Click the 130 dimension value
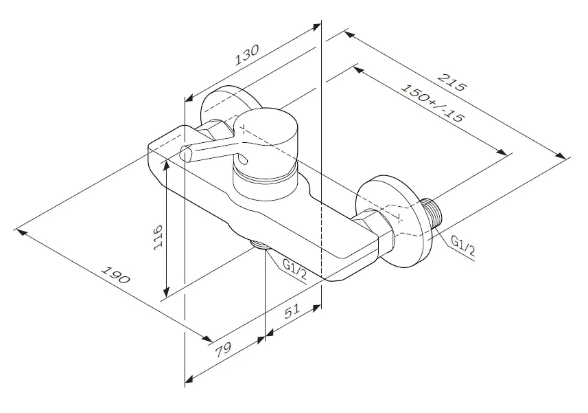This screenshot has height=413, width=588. click(x=247, y=55)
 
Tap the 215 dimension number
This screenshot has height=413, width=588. click(x=453, y=82)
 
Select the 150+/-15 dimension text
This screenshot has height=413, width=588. click(x=433, y=103)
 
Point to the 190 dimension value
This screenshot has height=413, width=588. click(x=116, y=275)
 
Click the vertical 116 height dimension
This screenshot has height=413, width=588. click(x=158, y=238)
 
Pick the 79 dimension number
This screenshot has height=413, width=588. click(x=223, y=350)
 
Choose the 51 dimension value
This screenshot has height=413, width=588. click(x=292, y=311)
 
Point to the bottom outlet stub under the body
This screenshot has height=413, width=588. click(x=260, y=244)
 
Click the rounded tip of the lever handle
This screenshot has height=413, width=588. click(x=186, y=155)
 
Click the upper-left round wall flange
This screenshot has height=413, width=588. click(x=228, y=105)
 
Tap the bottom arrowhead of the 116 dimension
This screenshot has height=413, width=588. click(x=167, y=291)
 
